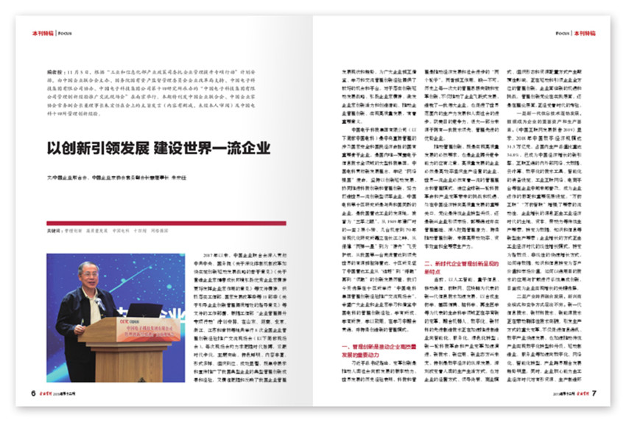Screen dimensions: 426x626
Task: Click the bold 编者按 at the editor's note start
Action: (53, 76)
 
